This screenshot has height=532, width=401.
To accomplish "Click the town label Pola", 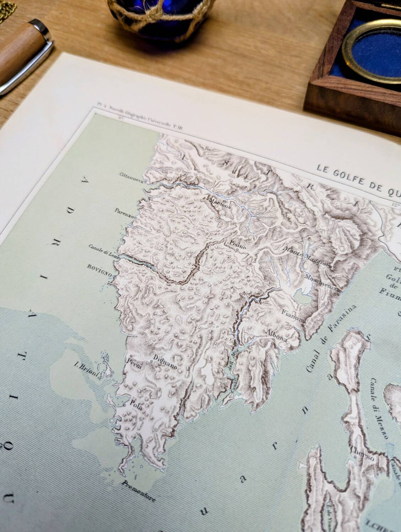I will [136, 408].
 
